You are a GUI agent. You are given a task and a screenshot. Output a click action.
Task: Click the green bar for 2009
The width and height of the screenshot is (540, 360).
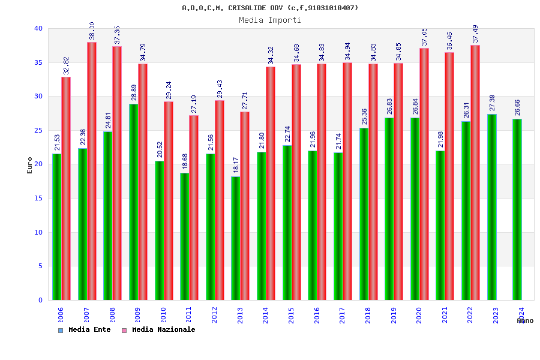[133, 202]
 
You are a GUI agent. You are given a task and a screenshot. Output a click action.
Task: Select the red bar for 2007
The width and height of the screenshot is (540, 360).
[92, 171]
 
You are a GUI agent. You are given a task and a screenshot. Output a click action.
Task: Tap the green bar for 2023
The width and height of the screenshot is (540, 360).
[491, 207]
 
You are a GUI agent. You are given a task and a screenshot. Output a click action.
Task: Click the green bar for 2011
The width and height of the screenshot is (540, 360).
[184, 236]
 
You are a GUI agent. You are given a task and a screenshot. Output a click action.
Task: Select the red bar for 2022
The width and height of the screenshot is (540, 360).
[475, 172]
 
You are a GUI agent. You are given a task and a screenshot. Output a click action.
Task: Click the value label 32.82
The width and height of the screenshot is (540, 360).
[66, 65]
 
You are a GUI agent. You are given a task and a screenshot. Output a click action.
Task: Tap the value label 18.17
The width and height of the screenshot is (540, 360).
[236, 166]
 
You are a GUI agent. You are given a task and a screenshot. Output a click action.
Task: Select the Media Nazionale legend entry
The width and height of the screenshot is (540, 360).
[159, 330]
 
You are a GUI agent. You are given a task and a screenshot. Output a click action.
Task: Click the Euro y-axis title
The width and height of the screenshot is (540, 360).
[30, 165]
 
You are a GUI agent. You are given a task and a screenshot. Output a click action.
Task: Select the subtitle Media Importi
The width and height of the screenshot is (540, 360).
[270, 20]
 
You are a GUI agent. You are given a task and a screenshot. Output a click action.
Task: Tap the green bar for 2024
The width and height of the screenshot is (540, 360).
[517, 209]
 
